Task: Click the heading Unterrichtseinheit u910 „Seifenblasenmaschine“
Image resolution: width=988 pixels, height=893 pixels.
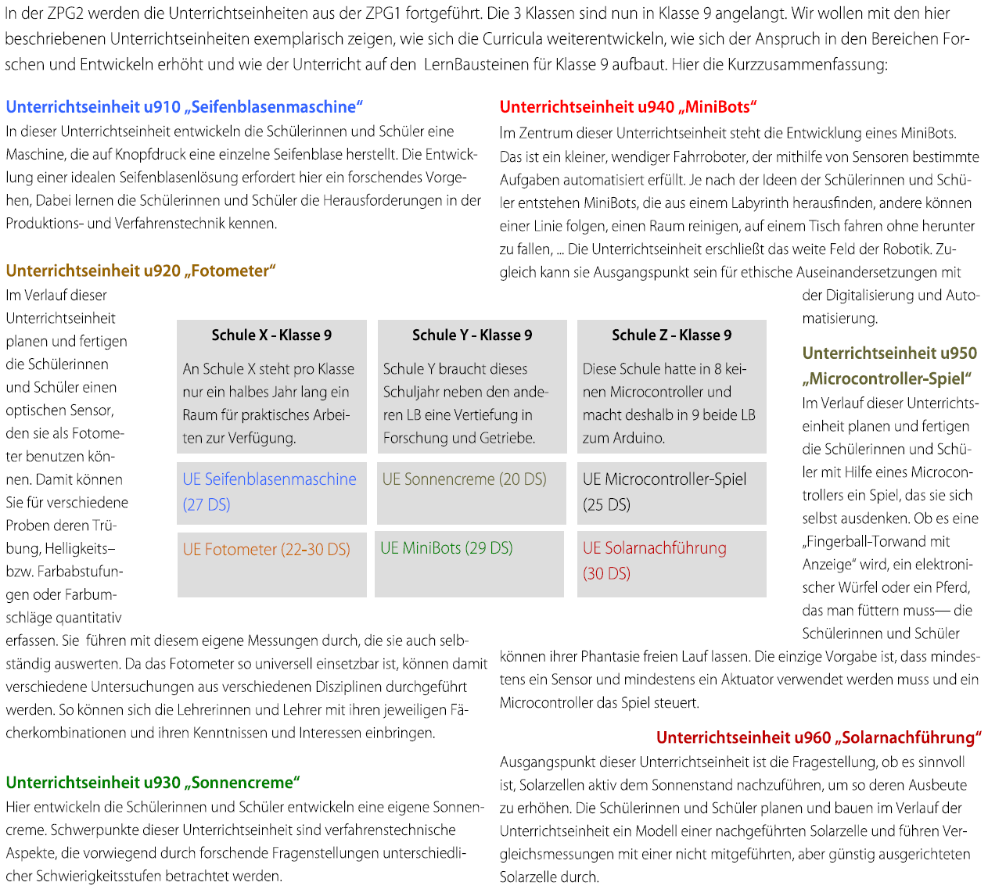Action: (185, 107)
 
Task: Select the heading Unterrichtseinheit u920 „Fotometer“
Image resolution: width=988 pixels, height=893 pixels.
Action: (141, 271)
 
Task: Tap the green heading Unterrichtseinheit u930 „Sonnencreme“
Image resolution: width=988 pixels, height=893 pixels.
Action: (153, 782)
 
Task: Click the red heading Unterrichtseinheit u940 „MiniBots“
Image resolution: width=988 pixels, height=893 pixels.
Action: (628, 107)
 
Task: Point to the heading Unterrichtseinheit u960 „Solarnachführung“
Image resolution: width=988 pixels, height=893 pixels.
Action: (818, 737)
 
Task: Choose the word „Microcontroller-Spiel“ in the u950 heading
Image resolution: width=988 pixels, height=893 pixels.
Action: (887, 378)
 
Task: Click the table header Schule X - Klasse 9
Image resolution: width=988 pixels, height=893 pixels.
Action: (271, 335)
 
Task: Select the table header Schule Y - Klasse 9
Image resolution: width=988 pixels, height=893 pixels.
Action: (472, 335)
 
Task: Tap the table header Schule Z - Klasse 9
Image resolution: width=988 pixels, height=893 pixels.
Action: (671, 335)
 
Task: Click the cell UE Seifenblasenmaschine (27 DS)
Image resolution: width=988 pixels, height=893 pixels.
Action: (269, 492)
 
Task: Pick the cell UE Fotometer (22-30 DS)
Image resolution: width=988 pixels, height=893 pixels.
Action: (266, 550)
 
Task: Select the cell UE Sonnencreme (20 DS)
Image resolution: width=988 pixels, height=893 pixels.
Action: (464, 479)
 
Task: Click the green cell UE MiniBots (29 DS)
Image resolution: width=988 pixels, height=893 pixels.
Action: (446, 548)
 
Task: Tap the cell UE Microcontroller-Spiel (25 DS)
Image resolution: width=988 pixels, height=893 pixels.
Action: (664, 492)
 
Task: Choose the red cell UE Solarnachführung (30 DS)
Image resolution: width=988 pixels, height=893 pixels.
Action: (654, 561)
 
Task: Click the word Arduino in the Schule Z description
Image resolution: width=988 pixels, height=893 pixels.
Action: (640, 438)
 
